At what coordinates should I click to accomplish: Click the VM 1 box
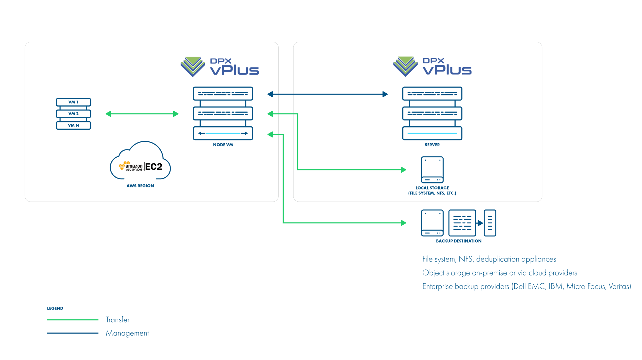[73, 102]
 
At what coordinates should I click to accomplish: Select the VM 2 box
[73, 113]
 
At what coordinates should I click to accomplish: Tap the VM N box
[73, 125]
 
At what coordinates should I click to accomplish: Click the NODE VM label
[223, 145]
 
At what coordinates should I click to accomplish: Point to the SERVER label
[432, 145]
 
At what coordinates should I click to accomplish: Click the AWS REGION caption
[140, 186]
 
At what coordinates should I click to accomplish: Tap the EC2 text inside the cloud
[154, 167]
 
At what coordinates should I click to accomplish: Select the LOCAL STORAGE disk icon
[432, 170]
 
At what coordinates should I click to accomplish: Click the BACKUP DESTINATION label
[459, 241]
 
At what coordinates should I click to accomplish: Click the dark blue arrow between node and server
[327, 94]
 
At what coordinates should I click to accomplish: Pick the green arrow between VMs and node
[142, 114]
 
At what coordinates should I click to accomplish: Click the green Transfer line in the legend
[73, 320]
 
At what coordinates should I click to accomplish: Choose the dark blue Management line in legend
[73, 333]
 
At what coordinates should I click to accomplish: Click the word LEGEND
[55, 308]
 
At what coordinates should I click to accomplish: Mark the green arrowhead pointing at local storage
[403, 170]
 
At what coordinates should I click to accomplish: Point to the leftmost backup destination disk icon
[432, 223]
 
